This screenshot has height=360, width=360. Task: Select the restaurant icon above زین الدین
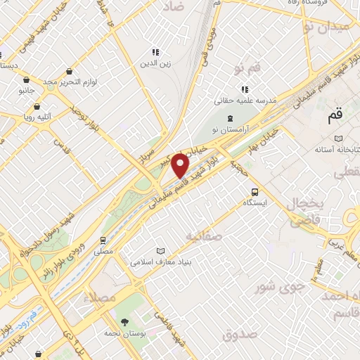(x=155, y=51)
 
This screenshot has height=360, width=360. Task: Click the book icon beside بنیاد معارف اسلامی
(x=160, y=250)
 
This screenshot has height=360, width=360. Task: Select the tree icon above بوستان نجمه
(x=124, y=321)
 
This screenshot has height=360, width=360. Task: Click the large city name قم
(x=336, y=113)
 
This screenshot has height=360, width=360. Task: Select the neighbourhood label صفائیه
(x=203, y=236)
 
